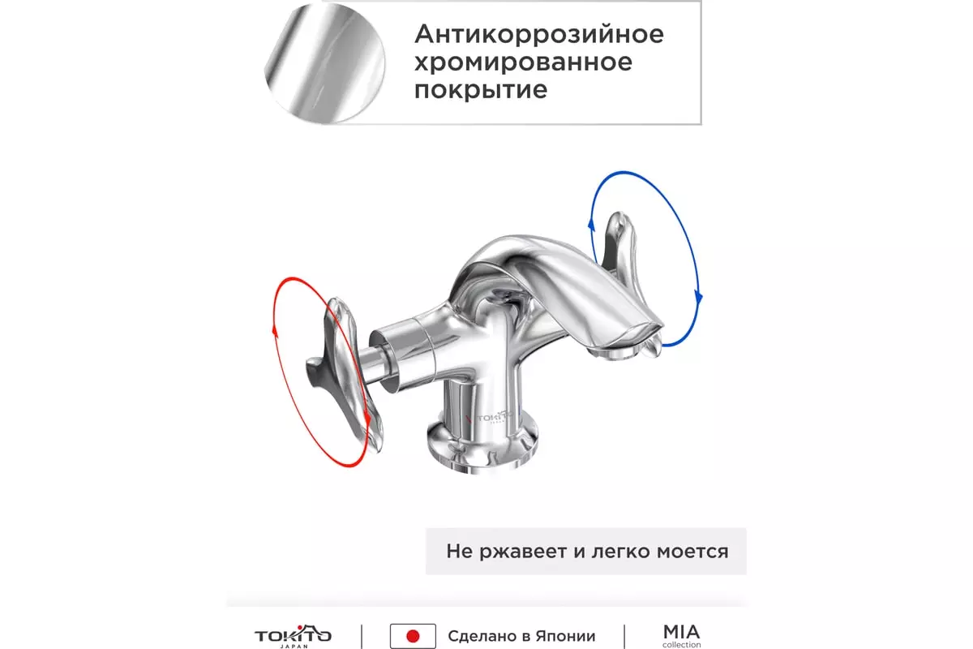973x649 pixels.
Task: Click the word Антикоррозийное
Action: coord(539,34)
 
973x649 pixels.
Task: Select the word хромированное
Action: coord(523,62)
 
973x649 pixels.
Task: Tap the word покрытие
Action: coord(480,90)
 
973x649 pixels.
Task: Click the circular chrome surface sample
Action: coord(324,63)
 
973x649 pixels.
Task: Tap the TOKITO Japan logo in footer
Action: coord(294,636)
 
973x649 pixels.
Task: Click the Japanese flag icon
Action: coord(413,636)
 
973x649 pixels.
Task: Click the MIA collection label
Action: coord(681,636)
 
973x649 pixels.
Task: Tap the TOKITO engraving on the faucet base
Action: coord(491,418)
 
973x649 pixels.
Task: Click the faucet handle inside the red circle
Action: coord(343,374)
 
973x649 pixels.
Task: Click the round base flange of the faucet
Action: coord(482,448)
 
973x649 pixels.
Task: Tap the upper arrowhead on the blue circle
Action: coord(591,224)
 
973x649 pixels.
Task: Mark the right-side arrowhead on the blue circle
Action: coord(698,298)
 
